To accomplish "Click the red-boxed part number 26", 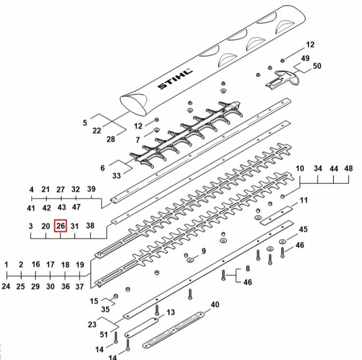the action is pos(60,226).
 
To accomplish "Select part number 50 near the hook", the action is pos(317,66).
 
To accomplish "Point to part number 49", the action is pos(305,58).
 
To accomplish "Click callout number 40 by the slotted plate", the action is pos(215,305).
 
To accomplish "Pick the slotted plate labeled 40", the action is pos(173,330).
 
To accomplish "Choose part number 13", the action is pos(170,312).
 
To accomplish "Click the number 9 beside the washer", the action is pos(203,251).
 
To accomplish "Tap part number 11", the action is pos(304,200).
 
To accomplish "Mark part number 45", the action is pos(303,229).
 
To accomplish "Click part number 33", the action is pos(117,176).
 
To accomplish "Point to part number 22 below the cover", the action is pos(97,131).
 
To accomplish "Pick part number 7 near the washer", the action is pos(138,139).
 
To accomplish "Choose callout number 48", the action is pos(348,168).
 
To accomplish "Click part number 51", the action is pos(104,334).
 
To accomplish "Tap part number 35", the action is pos(106,309).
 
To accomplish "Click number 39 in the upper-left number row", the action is pos(91,189).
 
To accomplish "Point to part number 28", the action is pos(111,139).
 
